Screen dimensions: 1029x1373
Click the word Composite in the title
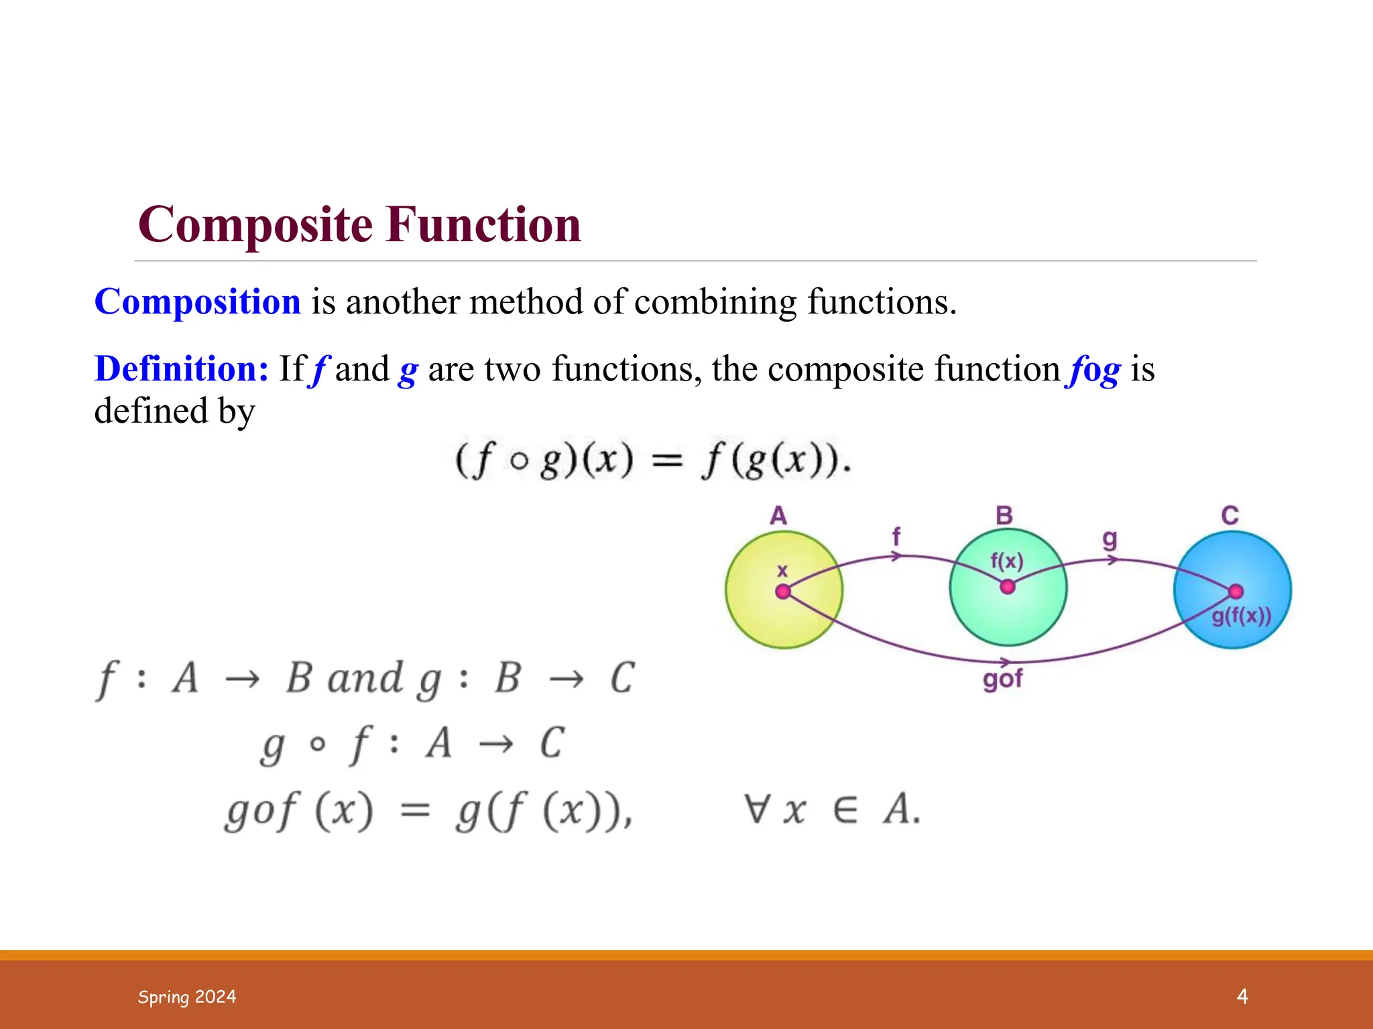tap(255, 225)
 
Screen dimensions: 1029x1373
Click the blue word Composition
tap(198, 301)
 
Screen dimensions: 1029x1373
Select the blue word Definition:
tap(182, 369)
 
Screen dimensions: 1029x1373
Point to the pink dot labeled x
tap(782, 592)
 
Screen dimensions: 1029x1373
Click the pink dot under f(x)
tap(1007, 587)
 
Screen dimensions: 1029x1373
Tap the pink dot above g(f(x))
tap(1236, 591)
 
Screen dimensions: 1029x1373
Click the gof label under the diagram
tap(1002, 679)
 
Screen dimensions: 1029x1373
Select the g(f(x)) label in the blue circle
tap(1241, 616)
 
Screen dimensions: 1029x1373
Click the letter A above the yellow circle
tap(778, 516)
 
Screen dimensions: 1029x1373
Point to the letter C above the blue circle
tap(1230, 516)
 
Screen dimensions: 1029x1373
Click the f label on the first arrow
tap(896, 536)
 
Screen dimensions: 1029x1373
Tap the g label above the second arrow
tap(1110, 539)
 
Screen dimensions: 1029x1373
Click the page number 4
tap(1242, 996)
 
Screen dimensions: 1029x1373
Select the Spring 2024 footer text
tap(187, 997)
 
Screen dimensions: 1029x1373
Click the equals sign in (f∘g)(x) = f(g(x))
tap(667, 461)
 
